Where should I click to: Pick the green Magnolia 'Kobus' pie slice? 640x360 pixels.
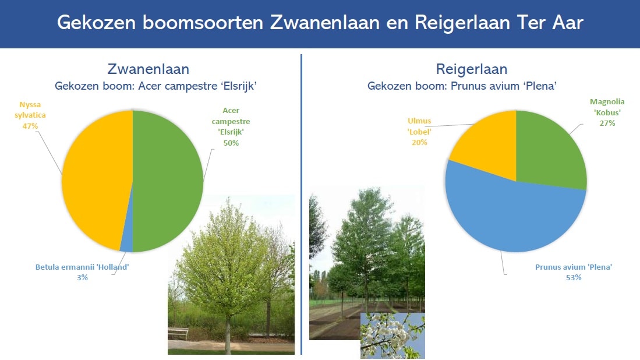[x=549, y=151]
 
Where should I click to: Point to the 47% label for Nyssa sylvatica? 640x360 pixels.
[x=30, y=126]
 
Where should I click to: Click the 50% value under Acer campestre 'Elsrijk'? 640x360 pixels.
[x=231, y=143]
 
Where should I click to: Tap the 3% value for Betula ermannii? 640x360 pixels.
[x=83, y=277]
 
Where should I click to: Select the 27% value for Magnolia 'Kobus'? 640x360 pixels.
[x=607, y=123]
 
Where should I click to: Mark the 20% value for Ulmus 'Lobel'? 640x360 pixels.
[x=420, y=143]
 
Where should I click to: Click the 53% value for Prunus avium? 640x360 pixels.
[x=574, y=277]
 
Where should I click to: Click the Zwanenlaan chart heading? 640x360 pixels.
[x=148, y=69]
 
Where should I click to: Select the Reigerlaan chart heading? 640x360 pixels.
[x=472, y=69]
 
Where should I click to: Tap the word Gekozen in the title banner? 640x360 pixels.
[x=96, y=23]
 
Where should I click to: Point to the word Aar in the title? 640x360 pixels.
[x=568, y=23]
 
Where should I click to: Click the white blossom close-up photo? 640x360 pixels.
[x=393, y=336]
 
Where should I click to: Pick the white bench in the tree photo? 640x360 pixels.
[x=178, y=333]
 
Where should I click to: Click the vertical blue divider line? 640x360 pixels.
[x=301, y=204]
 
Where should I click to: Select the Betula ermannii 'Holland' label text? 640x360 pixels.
[x=82, y=267]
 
